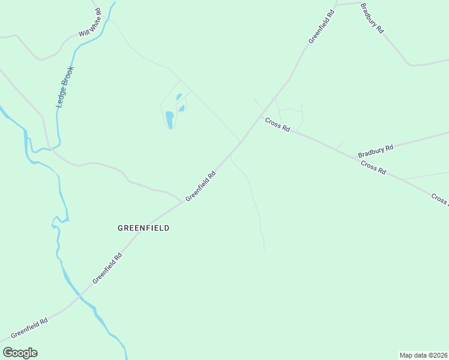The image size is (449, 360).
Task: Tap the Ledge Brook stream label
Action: click(x=64, y=87)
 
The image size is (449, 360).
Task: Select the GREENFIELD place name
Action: click(x=143, y=228)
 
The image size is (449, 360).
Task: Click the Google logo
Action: click(x=20, y=353)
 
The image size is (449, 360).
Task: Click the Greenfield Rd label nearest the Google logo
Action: click(x=29, y=327)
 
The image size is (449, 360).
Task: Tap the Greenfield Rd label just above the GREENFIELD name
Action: click(x=200, y=187)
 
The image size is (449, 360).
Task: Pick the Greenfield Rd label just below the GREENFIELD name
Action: click(x=107, y=268)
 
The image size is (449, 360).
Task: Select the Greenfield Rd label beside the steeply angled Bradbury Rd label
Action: click(x=321, y=27)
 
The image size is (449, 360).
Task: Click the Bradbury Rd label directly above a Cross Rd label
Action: click(x=375, y=151)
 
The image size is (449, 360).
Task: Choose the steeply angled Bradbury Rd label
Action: click(x=372, y=18)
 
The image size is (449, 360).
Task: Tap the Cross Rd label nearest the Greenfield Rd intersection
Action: click(x=278, y=124)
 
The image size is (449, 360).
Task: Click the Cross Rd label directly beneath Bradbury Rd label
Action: click(x=373, y=167)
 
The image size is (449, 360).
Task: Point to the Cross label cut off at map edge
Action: click(x=439, y=199)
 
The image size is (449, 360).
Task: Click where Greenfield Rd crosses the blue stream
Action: click(x=79, y=296)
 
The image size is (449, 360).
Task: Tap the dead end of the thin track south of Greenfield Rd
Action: click(x=264, y=250)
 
